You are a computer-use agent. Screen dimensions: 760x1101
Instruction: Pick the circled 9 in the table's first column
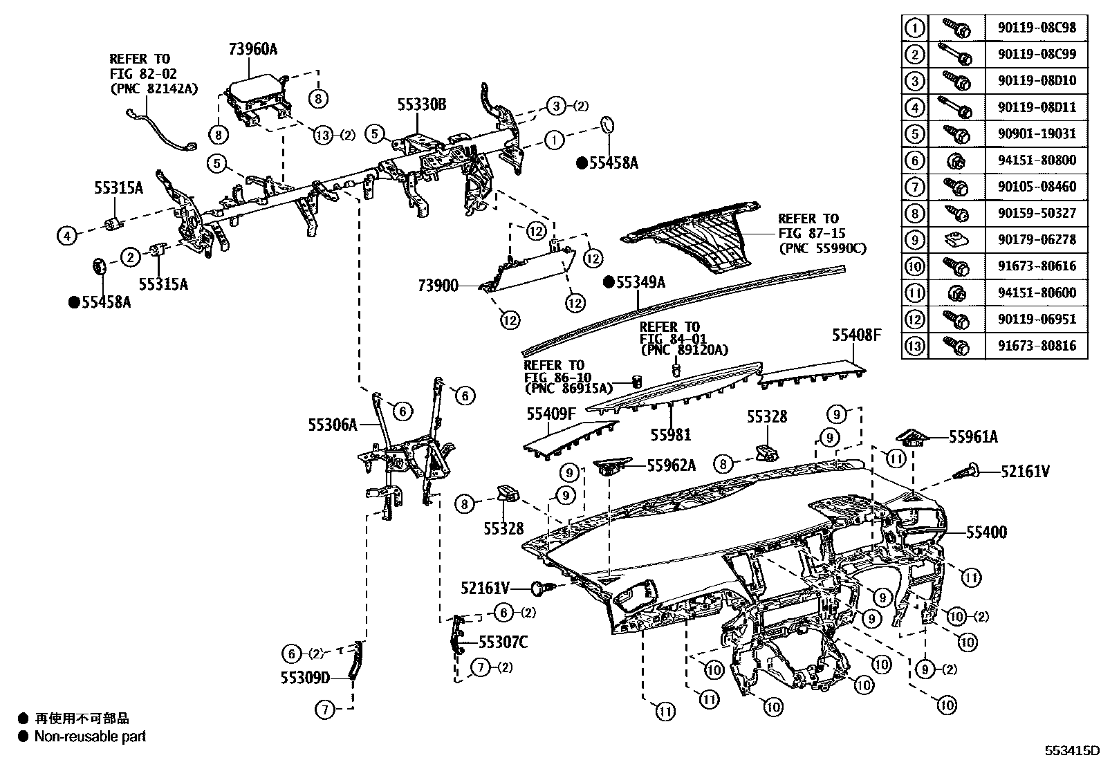pyautogui.click(x=914, y=240)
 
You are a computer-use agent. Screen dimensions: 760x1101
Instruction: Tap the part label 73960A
pyautogui.click(x=253, y=49)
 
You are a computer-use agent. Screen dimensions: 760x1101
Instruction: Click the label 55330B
pyautogui.click(x=422, y=105)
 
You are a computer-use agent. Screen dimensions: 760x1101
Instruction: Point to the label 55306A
pyautogui.click(x=333, y=425)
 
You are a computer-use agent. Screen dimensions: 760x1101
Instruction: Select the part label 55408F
pyautogui.click(x=856, y=335)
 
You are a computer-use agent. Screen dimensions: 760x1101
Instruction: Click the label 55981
pyautogui.click(x=670, y=434)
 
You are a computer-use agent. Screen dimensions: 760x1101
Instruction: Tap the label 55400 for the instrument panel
pyautogui.click(x=986, y=532)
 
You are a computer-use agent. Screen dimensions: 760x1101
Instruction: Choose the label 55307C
pyautogui.click(x=503, y=642)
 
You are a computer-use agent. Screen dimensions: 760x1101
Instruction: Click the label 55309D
pyautogui.click(x=306, y=678)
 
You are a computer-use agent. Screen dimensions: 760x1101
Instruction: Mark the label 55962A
pyautogui.click(x=671, y=465)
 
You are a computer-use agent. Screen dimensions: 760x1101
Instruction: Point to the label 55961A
pyautogui.click(x=973, y=437)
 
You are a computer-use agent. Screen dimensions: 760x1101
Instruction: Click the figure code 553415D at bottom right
pyautogui.click(x=1071, y=750)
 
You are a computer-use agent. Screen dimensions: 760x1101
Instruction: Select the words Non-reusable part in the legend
pyautogui.click(x=91, y=736)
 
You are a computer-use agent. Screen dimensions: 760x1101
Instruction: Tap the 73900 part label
pyautogui.click(x=438, y=285)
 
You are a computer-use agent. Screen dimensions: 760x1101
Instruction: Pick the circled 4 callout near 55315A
pyautogui.click(x=66, y=237)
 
